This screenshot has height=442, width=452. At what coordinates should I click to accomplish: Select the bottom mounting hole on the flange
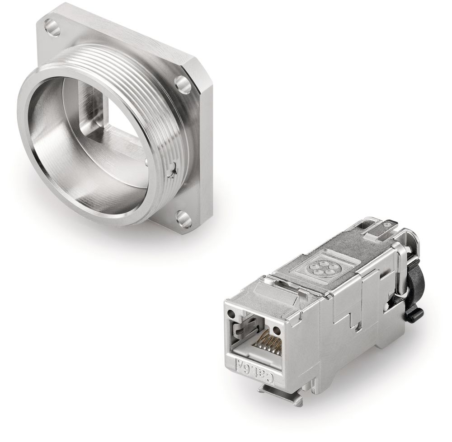(183, 219)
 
